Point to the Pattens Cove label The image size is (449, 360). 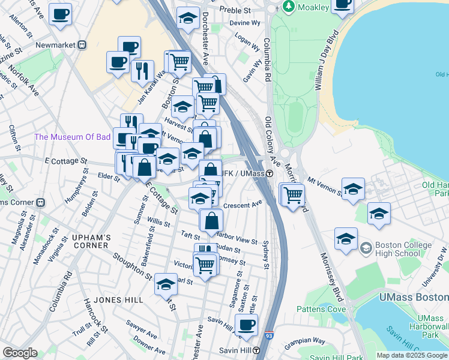tap(321, 309)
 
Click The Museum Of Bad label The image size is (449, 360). tap(73, 137)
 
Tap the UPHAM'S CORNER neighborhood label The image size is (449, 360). tap(91, 238)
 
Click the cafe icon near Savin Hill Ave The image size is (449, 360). tap(246, 325)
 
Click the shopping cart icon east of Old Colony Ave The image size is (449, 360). tap(293, 195)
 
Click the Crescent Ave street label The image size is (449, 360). tap(243, 205)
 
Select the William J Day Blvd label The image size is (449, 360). tap(325, 63)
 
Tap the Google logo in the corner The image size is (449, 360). tap(20, 353)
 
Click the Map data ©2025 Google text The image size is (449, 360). tap(412, 355)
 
